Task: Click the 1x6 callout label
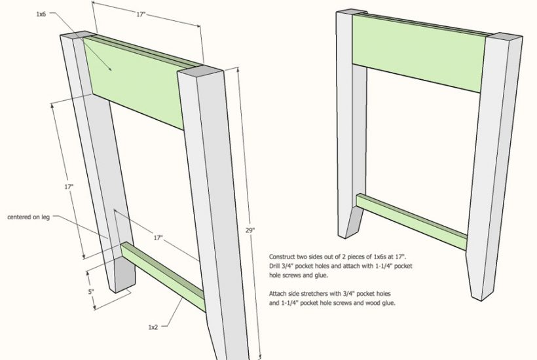coord(41,14)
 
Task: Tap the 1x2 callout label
coord(153,327)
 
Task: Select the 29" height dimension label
coord(250,230)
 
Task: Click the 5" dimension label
coord(91,292)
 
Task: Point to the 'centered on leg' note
coord(28,217)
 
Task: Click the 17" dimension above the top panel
coord(141,14)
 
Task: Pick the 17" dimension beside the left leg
coord(69,187)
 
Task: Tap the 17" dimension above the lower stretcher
coord(158,238)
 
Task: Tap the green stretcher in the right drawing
coord(411,222)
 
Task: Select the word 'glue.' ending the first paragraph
coord(321,275)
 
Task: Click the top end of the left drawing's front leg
coord(200,72)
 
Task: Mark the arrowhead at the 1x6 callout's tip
coord(110,69)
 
